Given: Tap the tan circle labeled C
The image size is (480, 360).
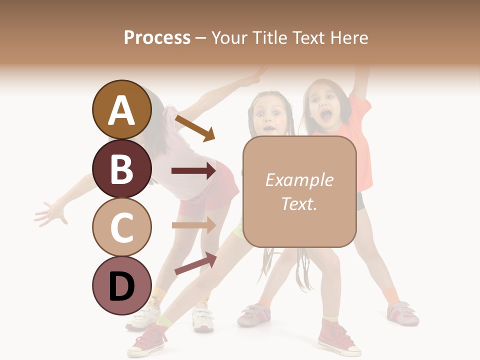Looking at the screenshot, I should click(x=121, y=227).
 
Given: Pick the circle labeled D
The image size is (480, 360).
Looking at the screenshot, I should click(x=121, y=286).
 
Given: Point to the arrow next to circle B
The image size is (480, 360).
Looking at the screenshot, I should click(x=193, y=171).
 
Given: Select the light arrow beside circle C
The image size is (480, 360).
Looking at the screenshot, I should click(x=193, y=225).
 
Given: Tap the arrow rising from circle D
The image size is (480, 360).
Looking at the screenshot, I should click(x=195, y=264).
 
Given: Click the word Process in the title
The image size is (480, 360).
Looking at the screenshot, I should click(x=157, y=37).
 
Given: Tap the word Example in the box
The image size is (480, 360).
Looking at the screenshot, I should click(x=299, y=180).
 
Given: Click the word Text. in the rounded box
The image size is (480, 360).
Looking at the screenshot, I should click(x=299, y=203).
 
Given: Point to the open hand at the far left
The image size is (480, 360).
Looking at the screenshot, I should click(x=51, y=213).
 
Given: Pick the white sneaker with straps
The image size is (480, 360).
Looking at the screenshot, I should click(x=204, y=317).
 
